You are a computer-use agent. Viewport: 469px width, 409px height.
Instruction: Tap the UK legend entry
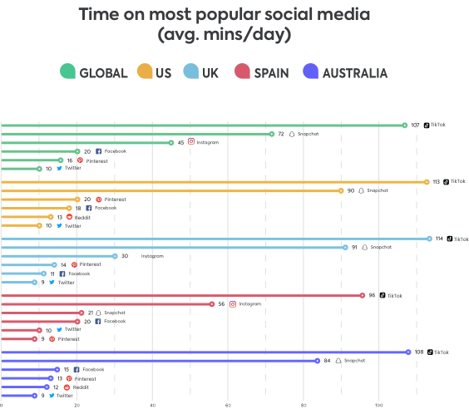click(x=202, y=73)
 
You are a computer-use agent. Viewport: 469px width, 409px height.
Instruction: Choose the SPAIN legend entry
click(x=260, y=73)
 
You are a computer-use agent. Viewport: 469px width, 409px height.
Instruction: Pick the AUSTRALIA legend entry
click(x=345, y=73)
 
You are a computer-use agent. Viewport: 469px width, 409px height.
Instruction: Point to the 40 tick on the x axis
click(x=152, y=405)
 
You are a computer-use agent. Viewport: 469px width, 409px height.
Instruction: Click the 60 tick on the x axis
click(x=228, y=405)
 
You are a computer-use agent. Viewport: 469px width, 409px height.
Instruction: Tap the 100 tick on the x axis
click(x=378, y=405)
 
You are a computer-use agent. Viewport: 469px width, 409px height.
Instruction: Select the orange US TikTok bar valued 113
click(x=214, y=181)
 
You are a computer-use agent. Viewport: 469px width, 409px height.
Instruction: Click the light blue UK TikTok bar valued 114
click(x=215, y=238)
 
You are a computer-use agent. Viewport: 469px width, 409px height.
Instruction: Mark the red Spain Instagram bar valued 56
click(x=106, y=304)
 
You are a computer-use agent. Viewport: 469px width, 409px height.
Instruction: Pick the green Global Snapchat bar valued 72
click(x=136, y=133)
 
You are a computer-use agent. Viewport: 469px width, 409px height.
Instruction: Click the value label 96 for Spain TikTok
click(x=373, y=295)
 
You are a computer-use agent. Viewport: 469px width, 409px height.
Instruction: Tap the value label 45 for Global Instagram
click(x=181, y=142)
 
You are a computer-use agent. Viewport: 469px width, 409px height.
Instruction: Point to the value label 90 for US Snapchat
click(x=351, y=190)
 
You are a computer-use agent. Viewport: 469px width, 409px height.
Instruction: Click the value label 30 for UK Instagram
click(x=125, y=256)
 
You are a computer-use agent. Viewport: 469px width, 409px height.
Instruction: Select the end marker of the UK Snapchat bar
click(x=345, y=247)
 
